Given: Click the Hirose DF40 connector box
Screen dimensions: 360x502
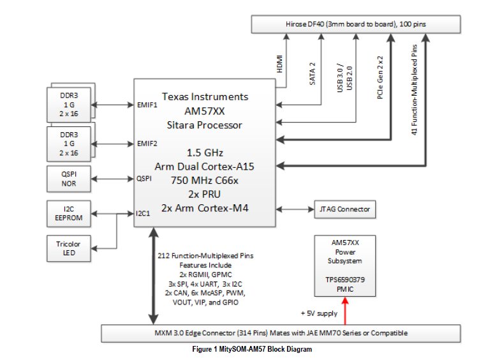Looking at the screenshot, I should (x=357, y=25).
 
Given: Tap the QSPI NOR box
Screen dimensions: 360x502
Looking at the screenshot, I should (x=68, y=179).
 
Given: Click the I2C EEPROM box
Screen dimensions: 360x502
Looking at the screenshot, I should (x=68, y=213).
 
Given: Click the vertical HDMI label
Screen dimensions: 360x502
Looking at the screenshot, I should (x=279, y=65).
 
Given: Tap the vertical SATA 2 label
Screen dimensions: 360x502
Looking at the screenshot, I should (x=313, y=73).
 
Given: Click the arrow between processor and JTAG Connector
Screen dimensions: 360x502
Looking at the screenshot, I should (x=294, y=209).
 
